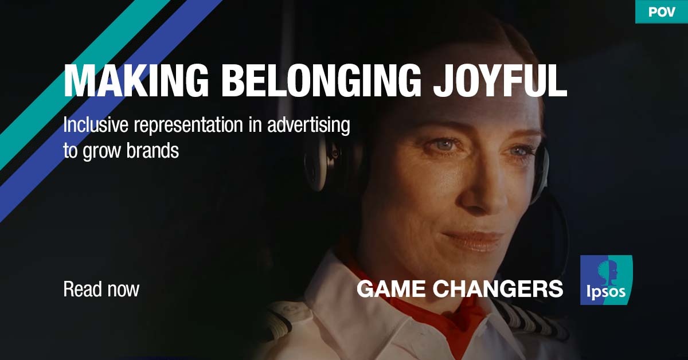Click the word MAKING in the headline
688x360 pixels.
click(136, 81)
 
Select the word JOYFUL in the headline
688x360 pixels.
click(500, 81)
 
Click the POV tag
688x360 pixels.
click(662, 11)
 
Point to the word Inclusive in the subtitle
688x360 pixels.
click(96, 125)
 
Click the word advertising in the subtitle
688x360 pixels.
click(308, 126)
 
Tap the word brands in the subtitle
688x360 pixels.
click(153, 151)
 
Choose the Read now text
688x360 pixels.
click(101, 289)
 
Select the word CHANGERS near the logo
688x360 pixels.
click(498, 289)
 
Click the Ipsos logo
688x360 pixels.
click(607, 280)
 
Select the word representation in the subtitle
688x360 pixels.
click(188, 126)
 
